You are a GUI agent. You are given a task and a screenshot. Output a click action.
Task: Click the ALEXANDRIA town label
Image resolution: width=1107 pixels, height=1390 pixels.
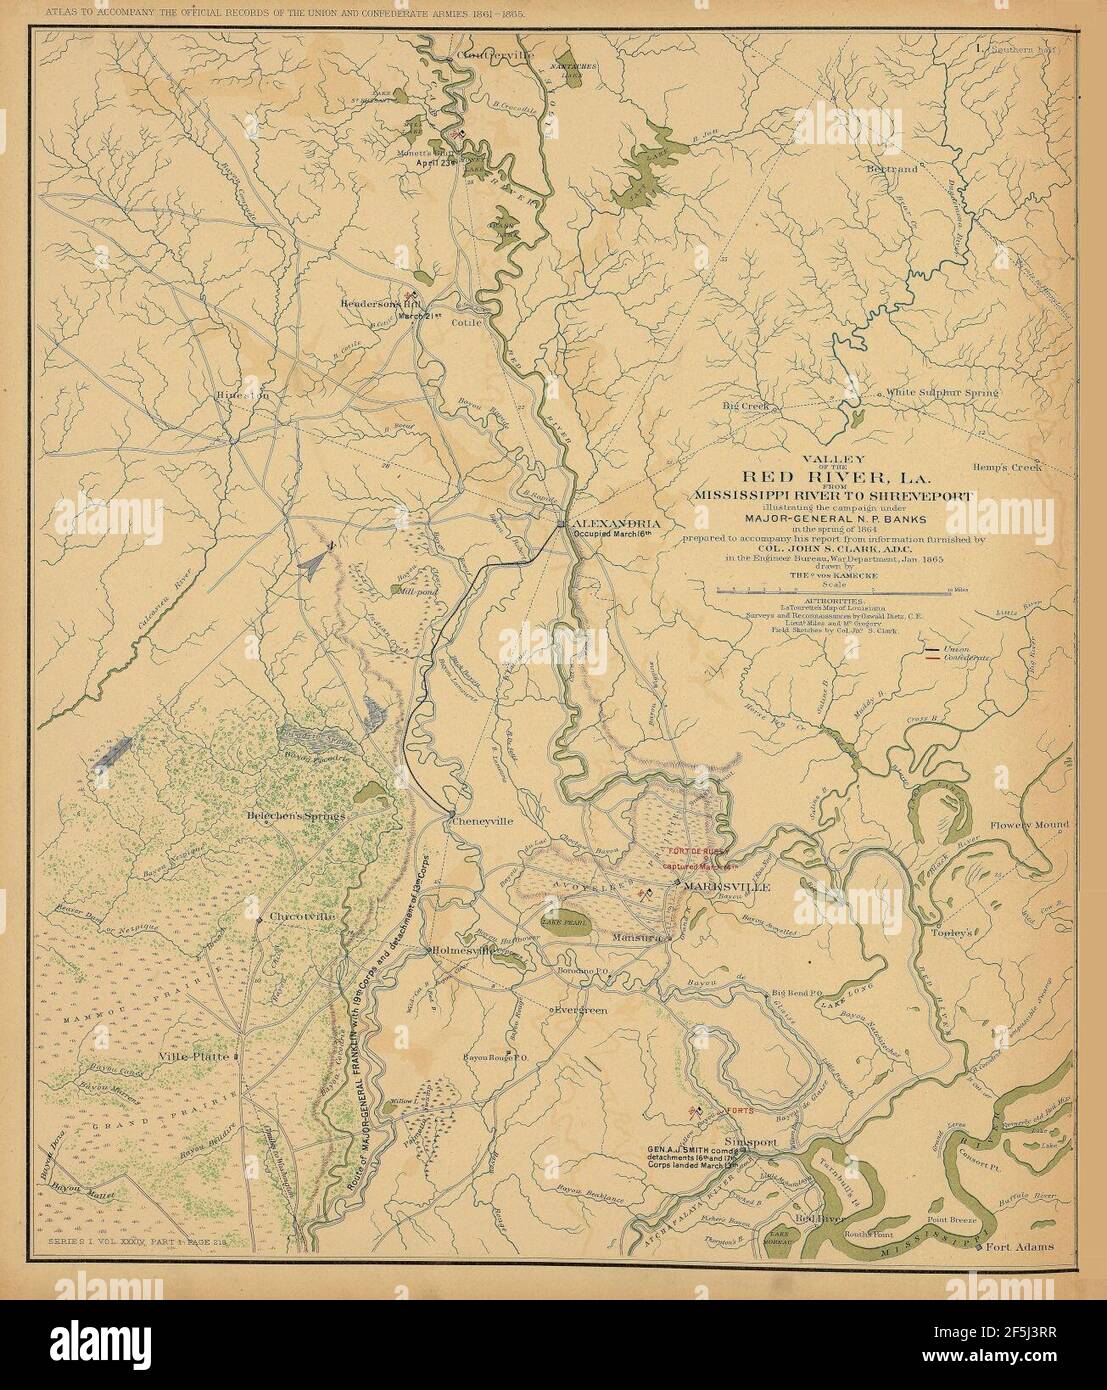[616, 524]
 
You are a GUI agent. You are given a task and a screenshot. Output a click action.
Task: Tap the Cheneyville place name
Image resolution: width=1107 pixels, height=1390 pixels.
[483, 820]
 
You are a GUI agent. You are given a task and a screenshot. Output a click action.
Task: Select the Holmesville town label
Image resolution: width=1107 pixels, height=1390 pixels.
[465, 951]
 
